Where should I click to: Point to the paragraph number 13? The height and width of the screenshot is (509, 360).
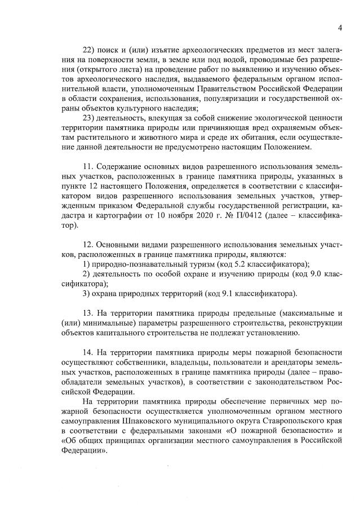(x=87, y=313)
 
